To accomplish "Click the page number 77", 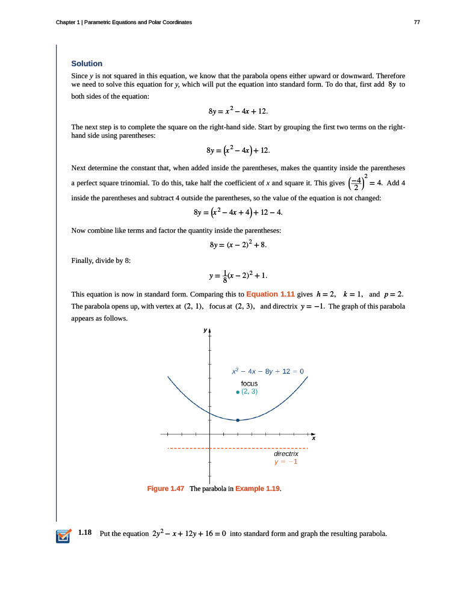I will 417,22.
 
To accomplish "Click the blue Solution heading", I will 87,64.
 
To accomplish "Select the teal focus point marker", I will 238,392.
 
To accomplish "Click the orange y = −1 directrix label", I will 286,462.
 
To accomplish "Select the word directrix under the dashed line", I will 286,454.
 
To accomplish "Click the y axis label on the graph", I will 205,330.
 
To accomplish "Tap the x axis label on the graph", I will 313,439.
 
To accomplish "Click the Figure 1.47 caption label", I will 165,488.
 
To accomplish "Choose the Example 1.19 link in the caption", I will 258,488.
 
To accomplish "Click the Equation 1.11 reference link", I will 270,294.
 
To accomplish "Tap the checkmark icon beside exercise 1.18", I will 63,535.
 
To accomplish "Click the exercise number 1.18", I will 84,533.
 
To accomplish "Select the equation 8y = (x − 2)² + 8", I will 238,245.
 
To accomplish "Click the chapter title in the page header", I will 124,22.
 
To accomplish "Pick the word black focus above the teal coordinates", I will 249,383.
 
